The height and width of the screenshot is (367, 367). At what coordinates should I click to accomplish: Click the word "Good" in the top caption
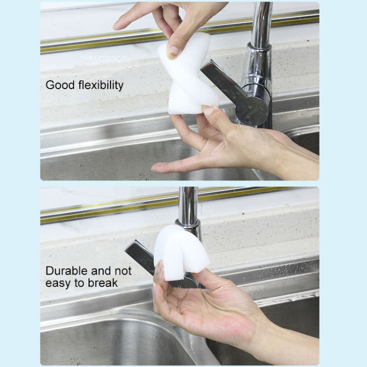pos(60,85)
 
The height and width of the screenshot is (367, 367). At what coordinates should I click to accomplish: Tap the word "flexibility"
pos(101,85)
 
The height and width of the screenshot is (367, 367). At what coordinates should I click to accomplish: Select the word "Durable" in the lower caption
pos(67,271)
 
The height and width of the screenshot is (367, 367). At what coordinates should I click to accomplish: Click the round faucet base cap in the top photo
pos(252,110)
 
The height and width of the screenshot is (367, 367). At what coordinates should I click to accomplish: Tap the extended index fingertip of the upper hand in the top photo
pos(116,26)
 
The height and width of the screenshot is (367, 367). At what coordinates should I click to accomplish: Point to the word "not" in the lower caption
pos(123,271)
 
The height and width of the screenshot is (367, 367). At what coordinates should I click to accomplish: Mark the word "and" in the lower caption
pos(101,271)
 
